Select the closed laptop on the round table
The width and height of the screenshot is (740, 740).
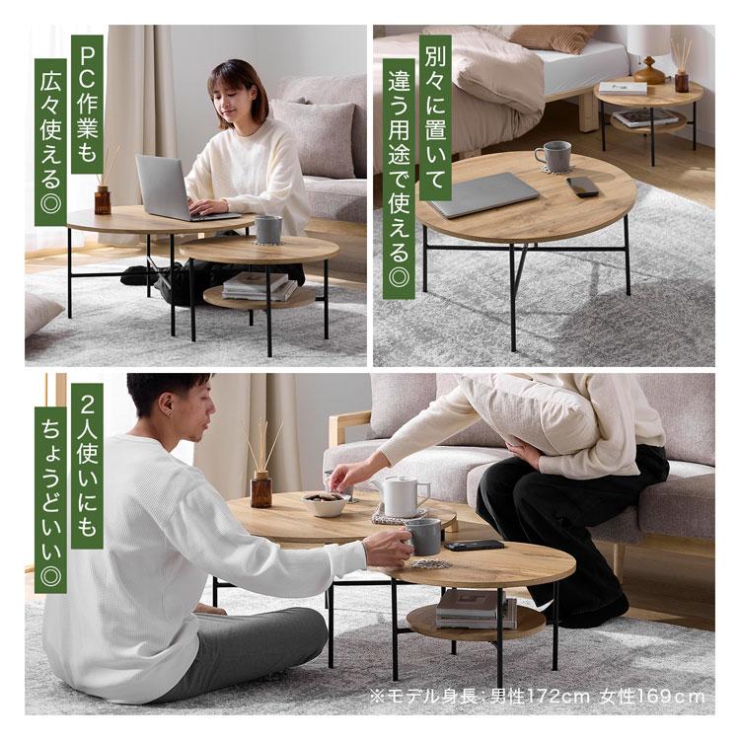point(484,194)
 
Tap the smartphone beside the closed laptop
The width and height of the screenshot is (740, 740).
point(583,186)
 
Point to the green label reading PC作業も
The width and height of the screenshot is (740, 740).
point(87,104)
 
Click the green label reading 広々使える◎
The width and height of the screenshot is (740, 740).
point(50,142)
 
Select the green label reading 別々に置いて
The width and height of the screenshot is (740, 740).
point(435,117)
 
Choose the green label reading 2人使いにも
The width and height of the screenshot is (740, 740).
point(87,466)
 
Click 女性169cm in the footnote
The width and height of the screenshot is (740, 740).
point(652,697)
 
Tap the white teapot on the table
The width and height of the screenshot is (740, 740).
point(402,495)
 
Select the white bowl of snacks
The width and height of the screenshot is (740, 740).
point(327,503)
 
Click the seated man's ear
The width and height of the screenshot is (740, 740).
point(166,405)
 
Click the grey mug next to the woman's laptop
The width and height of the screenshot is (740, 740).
point(268,229)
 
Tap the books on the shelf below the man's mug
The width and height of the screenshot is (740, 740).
point(476,610)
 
